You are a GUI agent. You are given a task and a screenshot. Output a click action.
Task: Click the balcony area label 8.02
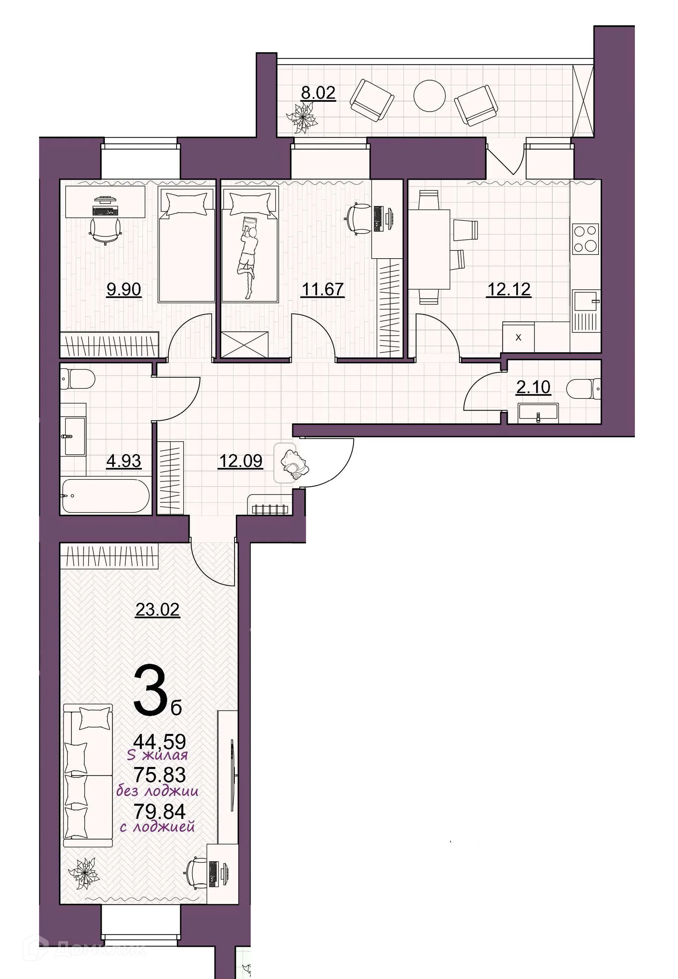(x=318, y=93)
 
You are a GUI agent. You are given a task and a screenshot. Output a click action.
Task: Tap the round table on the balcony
(x=429, y=96)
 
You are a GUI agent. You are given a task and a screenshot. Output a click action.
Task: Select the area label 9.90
(x=124, y=290)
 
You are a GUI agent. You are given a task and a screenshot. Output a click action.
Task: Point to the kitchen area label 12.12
(x=509, y=290)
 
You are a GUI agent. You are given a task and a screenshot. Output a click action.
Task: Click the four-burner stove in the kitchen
(x=585, y=239)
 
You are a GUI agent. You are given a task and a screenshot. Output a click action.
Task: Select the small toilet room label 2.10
(x=533, y=387)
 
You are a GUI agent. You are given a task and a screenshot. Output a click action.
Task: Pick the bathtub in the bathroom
(x=105, y=496)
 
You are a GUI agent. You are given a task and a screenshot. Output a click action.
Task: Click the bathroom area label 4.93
(x=124, y=461)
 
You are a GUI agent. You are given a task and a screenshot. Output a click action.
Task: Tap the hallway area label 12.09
(x=240, y=461)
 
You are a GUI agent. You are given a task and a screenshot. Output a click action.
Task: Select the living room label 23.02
(x=157, y=610)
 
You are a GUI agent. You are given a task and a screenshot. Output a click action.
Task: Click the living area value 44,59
(x=160, y=742)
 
